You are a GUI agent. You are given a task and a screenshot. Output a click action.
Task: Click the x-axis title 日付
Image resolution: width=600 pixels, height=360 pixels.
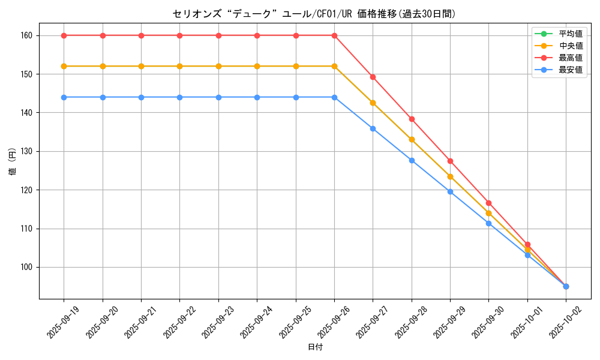click(x=315, y=347)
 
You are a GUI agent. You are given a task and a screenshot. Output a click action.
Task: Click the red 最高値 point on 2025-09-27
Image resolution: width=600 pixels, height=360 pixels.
click(x=373, y=77)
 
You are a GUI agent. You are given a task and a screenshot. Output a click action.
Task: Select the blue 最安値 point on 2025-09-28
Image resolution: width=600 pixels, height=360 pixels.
click(x=412, y=160)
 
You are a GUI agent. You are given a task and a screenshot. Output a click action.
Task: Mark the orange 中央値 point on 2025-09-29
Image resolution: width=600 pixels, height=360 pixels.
click(x=450, y=176)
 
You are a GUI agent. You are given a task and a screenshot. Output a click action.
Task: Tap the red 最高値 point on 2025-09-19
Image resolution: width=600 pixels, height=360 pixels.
click(x=64, y=35)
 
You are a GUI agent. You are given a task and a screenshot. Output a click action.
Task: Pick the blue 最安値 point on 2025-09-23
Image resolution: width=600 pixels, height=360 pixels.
click(x=218, y=97)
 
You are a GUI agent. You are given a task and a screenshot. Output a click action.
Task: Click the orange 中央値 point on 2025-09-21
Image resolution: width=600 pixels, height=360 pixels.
click(x=141, y=66)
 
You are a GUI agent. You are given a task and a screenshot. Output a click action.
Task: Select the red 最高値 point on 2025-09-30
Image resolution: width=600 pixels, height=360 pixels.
click(x=488, y=203)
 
